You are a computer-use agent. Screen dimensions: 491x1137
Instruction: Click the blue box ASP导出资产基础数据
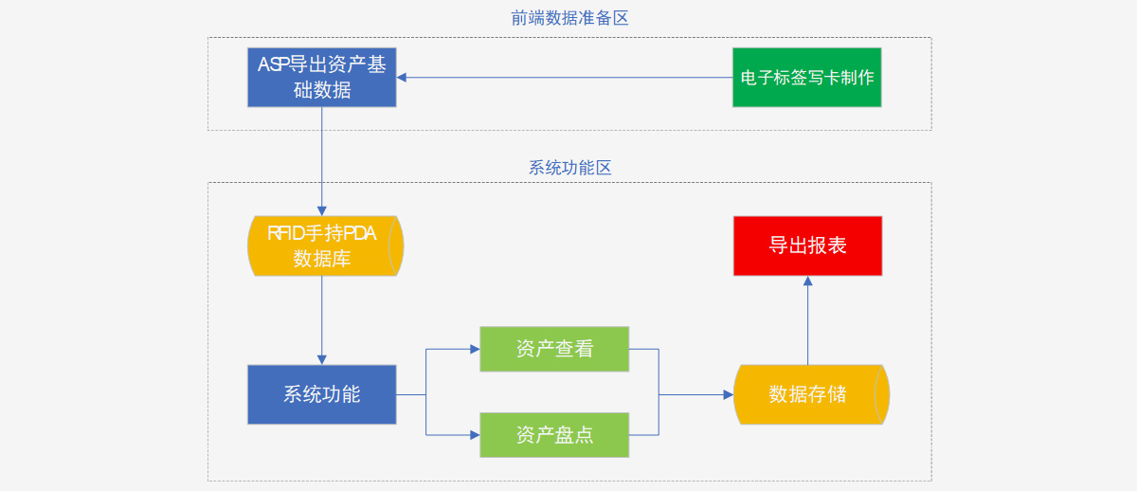click(322, 77)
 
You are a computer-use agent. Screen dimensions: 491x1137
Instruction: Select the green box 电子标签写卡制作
click(807, 77)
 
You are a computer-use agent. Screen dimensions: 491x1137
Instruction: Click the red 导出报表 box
click(807, 245)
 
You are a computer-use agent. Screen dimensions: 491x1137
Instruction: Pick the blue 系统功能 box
click(322, 394)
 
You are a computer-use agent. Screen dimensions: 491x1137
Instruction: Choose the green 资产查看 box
click(554, 349)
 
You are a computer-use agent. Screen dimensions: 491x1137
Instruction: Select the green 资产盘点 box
click(554, 435)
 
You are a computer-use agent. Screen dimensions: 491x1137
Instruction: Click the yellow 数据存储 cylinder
click(811, 394)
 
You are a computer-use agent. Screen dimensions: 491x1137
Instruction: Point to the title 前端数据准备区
click(569, 18)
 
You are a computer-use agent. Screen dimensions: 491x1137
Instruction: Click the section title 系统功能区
click(569, 168)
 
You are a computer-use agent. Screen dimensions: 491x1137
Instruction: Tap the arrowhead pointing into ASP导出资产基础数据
click(403, 78)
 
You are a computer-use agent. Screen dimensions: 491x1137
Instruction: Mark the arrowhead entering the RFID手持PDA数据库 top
click(322, 210)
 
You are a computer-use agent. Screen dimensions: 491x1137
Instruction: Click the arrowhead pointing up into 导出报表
click(807, 282)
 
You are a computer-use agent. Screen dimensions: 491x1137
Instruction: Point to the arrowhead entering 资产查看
click(475, 349)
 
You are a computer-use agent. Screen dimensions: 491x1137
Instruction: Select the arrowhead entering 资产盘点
click(475, 435)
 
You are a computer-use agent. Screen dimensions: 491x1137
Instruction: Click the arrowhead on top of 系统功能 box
click(322, 359)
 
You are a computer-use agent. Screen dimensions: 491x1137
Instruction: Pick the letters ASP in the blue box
click(275, 64)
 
